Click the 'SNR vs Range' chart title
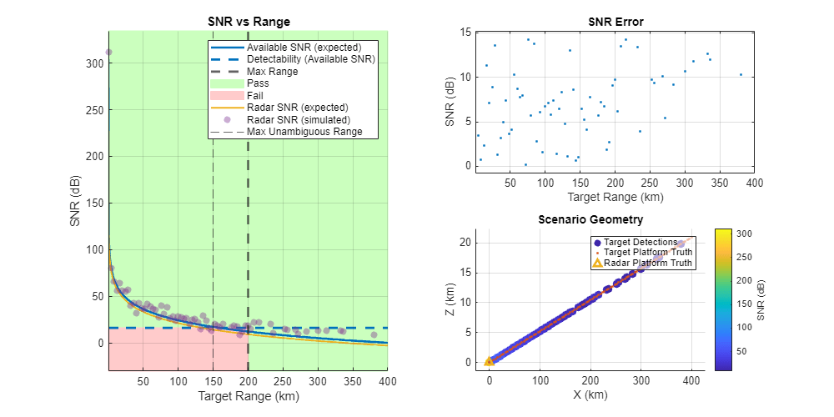pyautogui.click(x=248, y=22)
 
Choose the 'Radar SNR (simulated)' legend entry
pyautogui.click(x=298, y=119)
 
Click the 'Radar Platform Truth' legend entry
pyautogui.click(x=648, y=263)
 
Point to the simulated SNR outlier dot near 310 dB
pyautogui.click(x=108, y=53)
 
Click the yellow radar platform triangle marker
pyautogui.click(x=490, y=361)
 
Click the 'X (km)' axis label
pyautogui.click(x=590, y=394)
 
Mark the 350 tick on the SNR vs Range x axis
pyautogui.click(x=318, y=382)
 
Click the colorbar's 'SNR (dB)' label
pyautogui.click(x=762, y=299)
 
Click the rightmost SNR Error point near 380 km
pyautogui.click(x=741, y=74)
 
